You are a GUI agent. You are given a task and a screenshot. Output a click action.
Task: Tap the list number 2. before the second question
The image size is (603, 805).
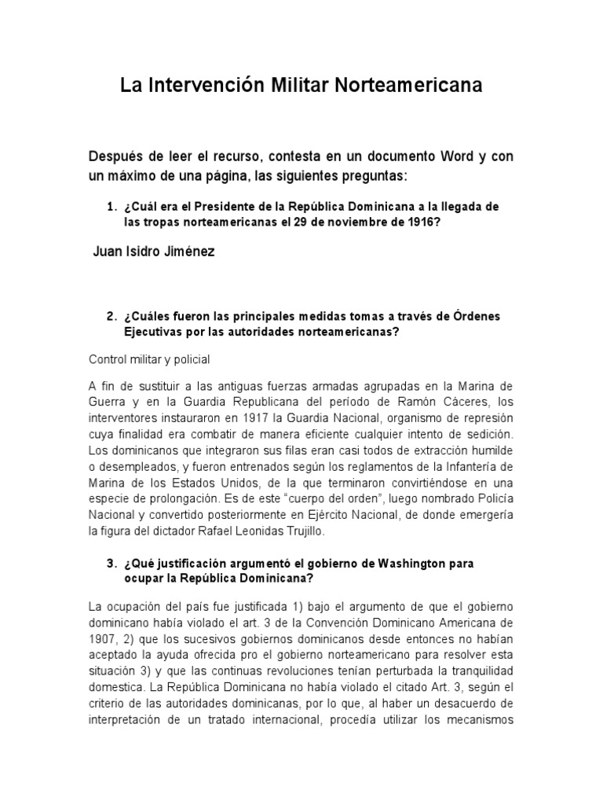click(x=111, y=316)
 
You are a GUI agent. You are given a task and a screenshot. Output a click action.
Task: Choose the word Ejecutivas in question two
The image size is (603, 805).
click(x=153, y=331)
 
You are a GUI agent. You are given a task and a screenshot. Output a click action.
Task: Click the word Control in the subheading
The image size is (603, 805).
click(x=108, y=359)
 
